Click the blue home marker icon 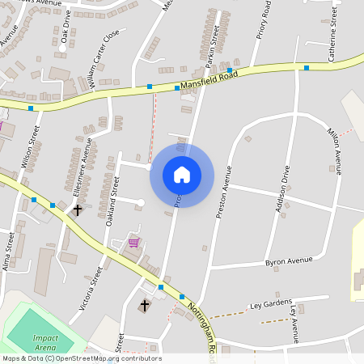coord(181,174)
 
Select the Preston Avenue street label coord(223,193)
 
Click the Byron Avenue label coord(289,261)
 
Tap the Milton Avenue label coord(334,150)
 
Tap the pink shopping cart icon coord(133,242)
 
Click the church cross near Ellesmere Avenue coord(78,210)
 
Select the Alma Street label coord(9,251)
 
